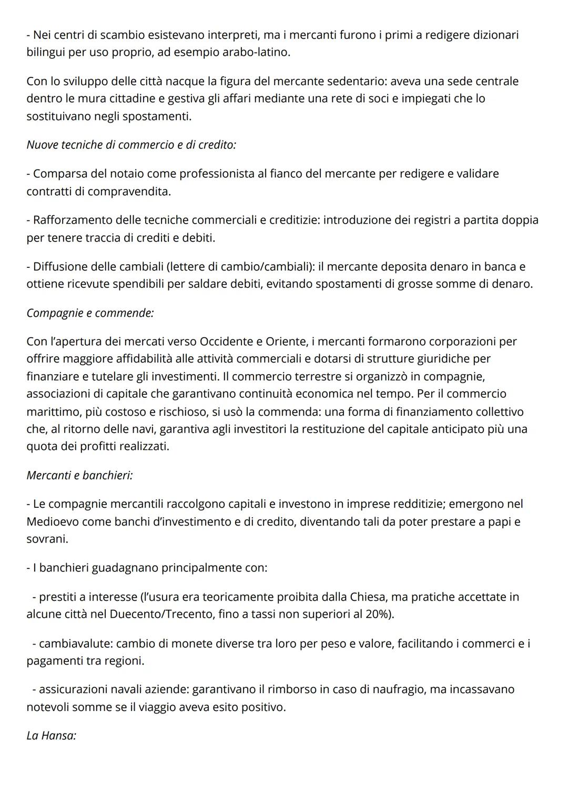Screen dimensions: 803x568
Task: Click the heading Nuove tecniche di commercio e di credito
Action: point(131,145)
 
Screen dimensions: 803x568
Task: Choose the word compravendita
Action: point(129,192)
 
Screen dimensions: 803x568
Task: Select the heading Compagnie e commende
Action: point(90,313)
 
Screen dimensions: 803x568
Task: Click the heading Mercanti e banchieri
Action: point(79,475)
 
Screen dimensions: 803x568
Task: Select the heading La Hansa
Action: point(51,736)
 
